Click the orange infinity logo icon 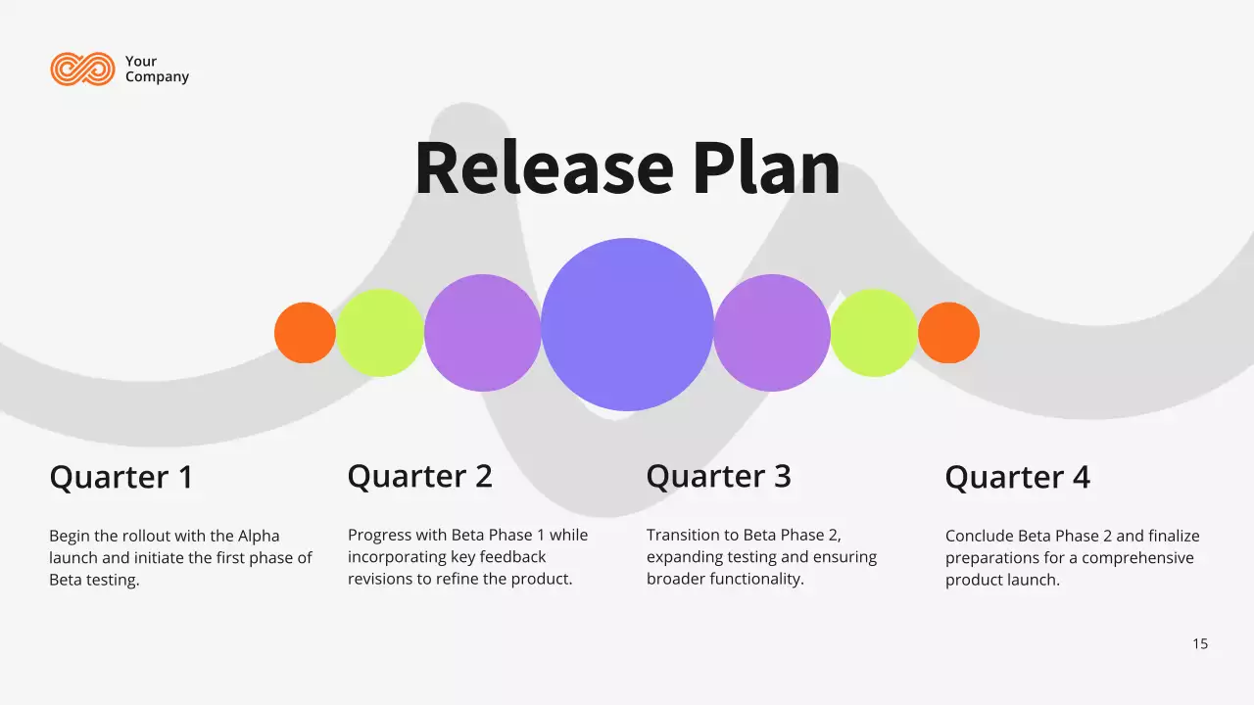pyautogui.click(x=82, y=69)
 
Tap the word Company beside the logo pyautogui.click(x=157, y=77)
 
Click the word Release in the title pyautogui.click(x=544, y=168)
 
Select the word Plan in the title pyautogui.click(x=767, y=168)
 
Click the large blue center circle pyautogui.click(x=627, y=324)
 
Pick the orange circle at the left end pyautogui.click(x=305, y=333)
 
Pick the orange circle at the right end pyautogui.click(x=948, y=333)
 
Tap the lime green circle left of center pyautogui.click(x=380, y=333)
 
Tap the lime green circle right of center pyautogui.click(x=874, y=333)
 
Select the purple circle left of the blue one pyautogui.click(x=482, y=333)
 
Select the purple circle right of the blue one pyautogui.click(x=772, y=333)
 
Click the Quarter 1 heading pyautogui.click(x=121, y=478)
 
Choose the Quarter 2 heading pyautogui.click(x=419, y=477)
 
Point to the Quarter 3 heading pyautogui.click(x=718, y=477)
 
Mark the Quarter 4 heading pyautogui.click(x=1017, y=478)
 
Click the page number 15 pyautogui.click(x=1200, y=644)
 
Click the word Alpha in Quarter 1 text pyautogui.click(x=259, y=537)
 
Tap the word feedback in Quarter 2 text pyautogui.click(x=512, y=557)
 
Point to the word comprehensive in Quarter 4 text pyautogui.click(x=1138, y=558)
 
